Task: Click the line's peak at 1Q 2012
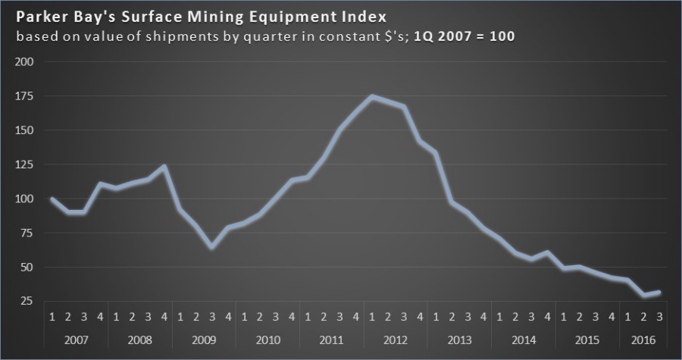tap(371, 96)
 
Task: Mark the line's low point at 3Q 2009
tap(212, 247)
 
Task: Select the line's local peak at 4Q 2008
tap(164, 166)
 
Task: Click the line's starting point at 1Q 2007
tap(52, 199)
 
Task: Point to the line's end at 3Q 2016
tap(659, 292)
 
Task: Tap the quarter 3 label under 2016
tap(659, 316)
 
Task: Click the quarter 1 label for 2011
tap(308, 316)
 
